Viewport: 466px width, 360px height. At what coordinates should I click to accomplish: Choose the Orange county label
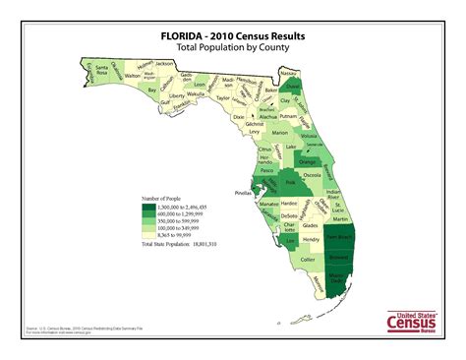307,161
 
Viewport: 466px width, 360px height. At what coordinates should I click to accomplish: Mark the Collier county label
308,259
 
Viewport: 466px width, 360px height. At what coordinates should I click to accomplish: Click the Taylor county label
223,98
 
